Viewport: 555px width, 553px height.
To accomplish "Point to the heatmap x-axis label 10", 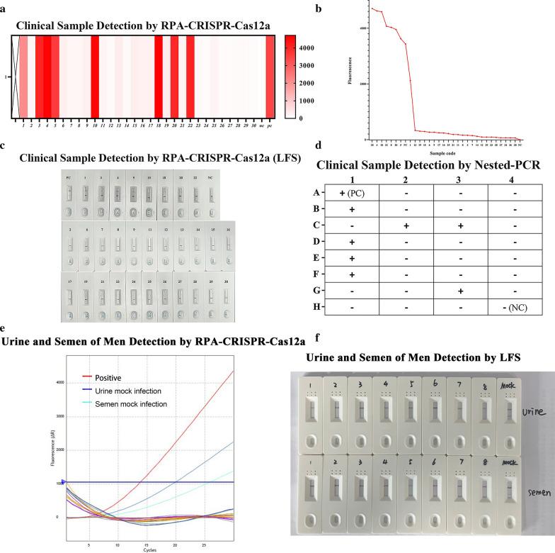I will [x=95, y=125].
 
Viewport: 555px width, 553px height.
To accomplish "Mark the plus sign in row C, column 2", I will [x=406, y=225].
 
